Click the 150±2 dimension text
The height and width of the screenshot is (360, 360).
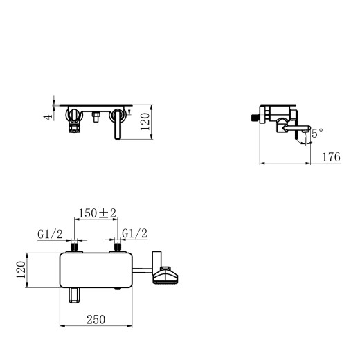(x=97, y=214)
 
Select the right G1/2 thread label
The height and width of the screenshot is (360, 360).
(x=134, y=234)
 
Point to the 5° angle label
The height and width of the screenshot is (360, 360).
(x=317, y=134)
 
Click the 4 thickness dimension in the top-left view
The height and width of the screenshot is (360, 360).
(x=47, y=116)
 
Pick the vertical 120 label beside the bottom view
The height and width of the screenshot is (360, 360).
(x=21, y=274)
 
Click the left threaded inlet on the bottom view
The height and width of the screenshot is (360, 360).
(x=75, y=246)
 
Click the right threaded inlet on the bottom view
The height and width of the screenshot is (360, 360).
(x=119, y=246)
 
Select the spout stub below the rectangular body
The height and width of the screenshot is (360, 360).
(x=75, y=297)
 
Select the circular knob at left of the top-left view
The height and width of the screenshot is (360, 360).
(x=73, y=114)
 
